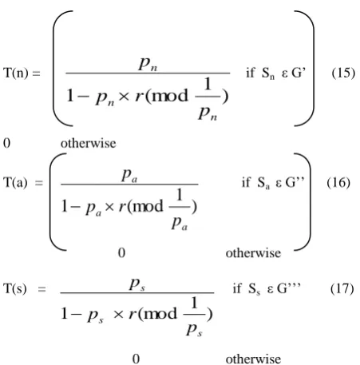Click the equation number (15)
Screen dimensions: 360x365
pyautogui.click(x=343, y=73)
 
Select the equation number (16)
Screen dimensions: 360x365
pyautogui.click(x=338, y=183)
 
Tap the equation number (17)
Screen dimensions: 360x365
pyautogui.click(x=342, y=288)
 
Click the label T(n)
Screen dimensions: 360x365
pyautogui.click(x=15, y=73)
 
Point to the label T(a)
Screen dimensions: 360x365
pyautogui.click(x=15, y=183)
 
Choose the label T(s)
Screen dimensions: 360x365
pyautogui.click(x=15, y=288)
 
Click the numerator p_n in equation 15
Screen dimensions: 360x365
pyautogui.click(x=148, y=64)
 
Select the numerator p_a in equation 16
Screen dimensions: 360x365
pyautogui.click(x=129, y=176)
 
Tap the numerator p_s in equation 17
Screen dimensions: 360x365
pyautogui.click(x=137, y=284)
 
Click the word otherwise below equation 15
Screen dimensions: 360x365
pyautogui.click(x=88, y=143)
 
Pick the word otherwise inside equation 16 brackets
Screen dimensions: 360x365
pyautogui.click(x=253, y=253)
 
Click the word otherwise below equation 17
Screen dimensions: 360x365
pyautogui.click(x=253, y=359)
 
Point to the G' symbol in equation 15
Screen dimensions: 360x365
pyautogui.click(x=299, y=73)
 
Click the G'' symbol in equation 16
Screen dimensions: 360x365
pyautogui.click(x=295, y=182)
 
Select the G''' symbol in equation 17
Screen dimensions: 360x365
pyautogui.click(x=289, y=288)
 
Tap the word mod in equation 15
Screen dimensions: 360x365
pyautogui.click(x=170, y=96)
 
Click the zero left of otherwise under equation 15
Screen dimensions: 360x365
pyautogui.click(x=6, y=143)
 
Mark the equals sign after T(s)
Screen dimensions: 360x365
pyautogui.click(x=42, y=289)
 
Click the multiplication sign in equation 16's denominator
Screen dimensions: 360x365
pyautogui.click(x=109, y=207)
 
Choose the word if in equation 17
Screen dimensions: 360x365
pyautogui.click(x=237, y=288)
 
